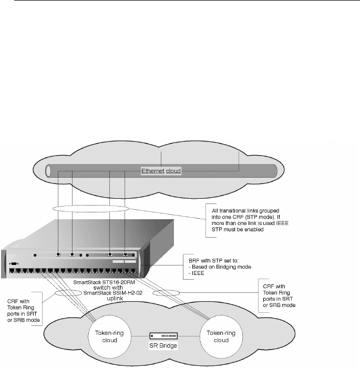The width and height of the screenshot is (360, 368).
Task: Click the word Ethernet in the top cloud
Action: point(152,171)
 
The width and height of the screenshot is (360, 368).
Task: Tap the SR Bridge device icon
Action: point(163,336)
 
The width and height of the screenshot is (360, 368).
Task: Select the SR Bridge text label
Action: point(163,347)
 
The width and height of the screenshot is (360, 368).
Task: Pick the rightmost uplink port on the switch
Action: point(125,254)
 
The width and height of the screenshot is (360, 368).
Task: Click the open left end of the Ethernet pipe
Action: point(49,171)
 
